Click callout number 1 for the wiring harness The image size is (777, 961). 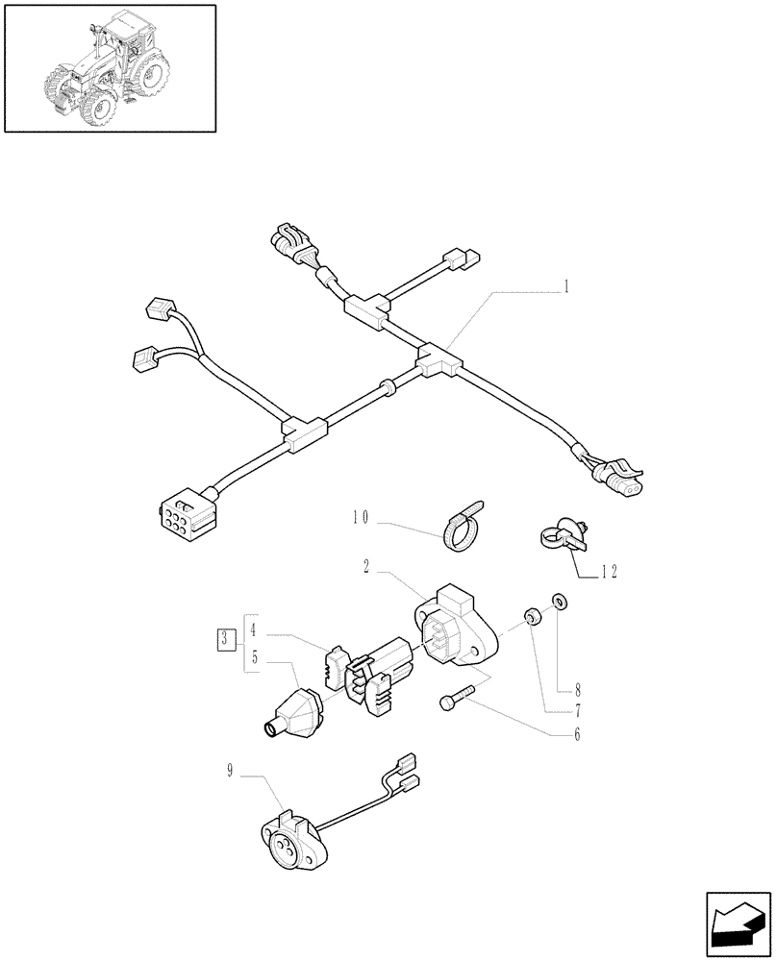click(x=566, y=285)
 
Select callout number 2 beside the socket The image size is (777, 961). click(x=368, y=569)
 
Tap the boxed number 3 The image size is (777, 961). click(x=224, y=638)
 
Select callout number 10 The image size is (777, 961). click(x=361, y=519)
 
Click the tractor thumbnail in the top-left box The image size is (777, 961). click(x=109, y=66)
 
